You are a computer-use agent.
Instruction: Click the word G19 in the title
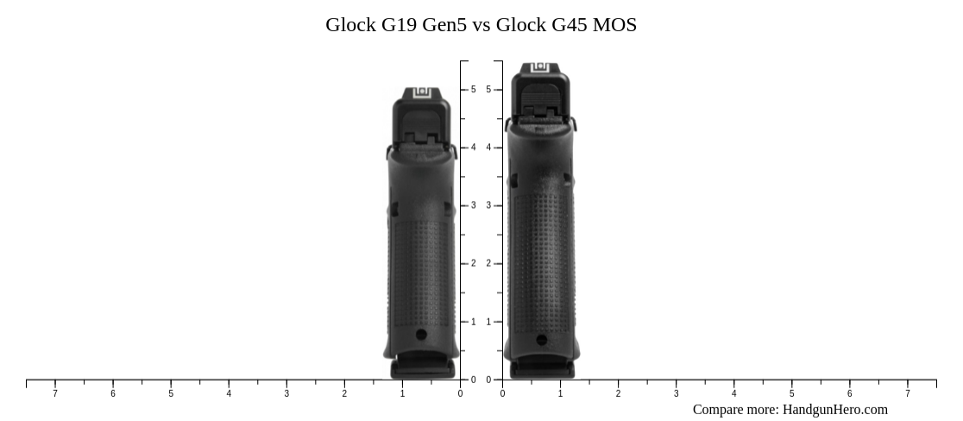click(x=400, y=25)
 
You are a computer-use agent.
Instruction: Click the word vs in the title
click(x=481, y=25)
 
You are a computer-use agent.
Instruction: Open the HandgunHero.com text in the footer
click(x=834, y=410)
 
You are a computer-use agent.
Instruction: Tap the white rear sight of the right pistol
click(x=540, y=68)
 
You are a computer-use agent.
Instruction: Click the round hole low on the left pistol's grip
click(x=421, y=335)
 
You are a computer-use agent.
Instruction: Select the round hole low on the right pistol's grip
click(x=541, y=340)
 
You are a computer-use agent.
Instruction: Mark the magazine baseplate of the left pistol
click(x=422, y=369)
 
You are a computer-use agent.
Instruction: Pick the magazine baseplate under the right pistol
click(x=541, y=370)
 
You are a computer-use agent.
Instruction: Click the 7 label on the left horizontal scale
click(x=55, y=394)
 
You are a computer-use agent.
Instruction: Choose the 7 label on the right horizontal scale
click(x=907, y=394)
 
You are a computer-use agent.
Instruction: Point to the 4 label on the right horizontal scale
click(x=733, y=394)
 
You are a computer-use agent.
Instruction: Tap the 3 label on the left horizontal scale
click(x=286, y=394)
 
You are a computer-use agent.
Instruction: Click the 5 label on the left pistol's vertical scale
click(x=473, y=90)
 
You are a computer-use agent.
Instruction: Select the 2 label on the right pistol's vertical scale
click(x=488, y=264)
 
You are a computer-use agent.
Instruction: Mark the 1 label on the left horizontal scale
click(x=402, y=394)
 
